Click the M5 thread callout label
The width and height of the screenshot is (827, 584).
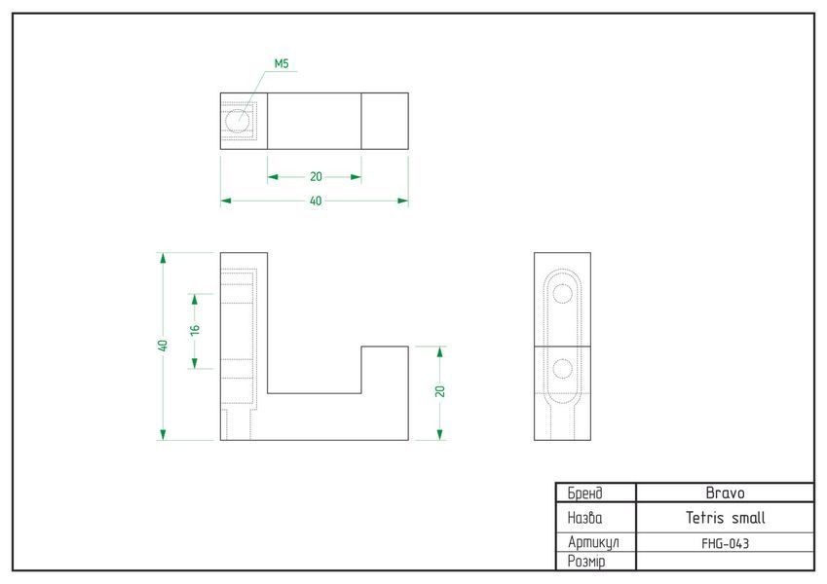coord(282,64)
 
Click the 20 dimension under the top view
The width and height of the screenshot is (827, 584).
coord(316,176)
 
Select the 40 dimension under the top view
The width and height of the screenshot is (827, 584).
coord(316,201)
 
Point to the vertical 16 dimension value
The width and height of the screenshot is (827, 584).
coord(195,330)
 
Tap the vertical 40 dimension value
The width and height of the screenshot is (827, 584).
coord(163,346)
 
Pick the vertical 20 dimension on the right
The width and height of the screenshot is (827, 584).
coord(440,391)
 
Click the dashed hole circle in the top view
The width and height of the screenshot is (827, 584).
coord(238,122)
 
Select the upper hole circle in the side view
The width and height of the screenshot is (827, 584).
coord(563,294)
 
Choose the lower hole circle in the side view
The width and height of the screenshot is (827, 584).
coord(563,369)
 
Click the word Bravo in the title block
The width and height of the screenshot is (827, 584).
coord(725,493)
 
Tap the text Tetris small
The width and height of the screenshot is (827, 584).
coord(725,518)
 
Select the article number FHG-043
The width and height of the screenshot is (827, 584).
coord(725,543)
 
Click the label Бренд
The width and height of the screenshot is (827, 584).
coord(584,493)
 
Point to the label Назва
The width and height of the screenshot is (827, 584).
coord(584,518)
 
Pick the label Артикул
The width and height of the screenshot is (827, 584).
coord(593,542)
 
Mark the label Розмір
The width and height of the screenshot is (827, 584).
coord(586,562)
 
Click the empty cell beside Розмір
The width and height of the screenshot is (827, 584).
coord(725,561)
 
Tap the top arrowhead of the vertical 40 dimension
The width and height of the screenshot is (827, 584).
coord(163,258)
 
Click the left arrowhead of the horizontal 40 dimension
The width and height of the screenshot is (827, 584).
coord(226,201)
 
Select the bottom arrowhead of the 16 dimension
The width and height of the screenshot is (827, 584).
coord(195,363)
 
